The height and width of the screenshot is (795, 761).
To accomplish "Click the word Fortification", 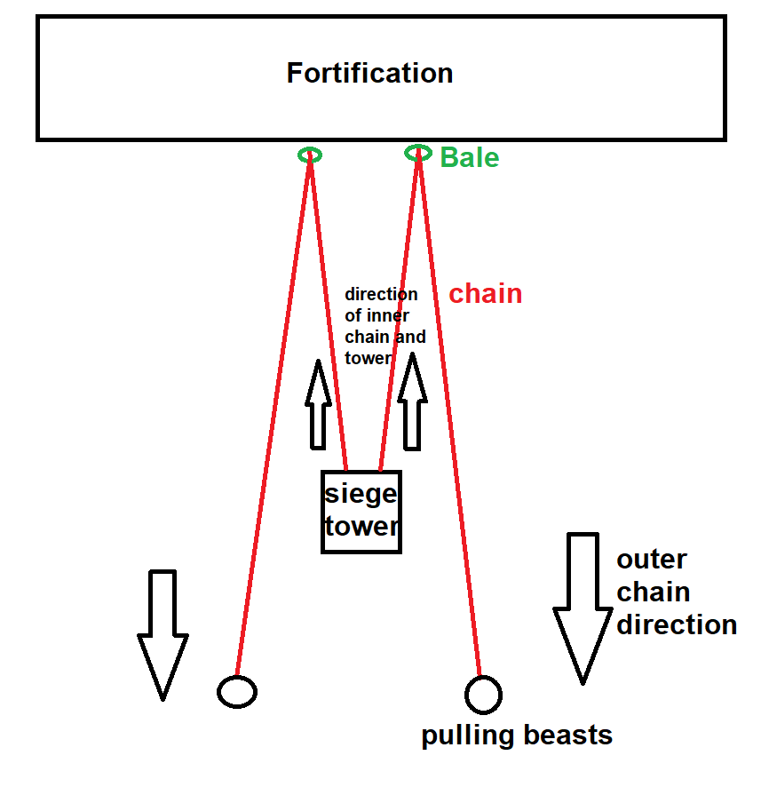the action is click(x=369, y=73).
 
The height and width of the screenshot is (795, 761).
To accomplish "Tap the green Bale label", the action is click(x=470, y=157).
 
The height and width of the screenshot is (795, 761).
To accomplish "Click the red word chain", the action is click(x=485, y=293).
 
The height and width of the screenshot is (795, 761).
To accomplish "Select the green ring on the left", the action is click(x=310, y=155).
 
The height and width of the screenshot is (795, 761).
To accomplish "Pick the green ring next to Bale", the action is click(x=418, y=153).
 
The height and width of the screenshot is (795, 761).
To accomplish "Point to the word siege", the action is click(x=361, y=495).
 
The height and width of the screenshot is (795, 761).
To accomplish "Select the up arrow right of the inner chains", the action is click(x=412, y=401).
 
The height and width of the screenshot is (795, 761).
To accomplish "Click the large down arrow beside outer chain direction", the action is click(x=583, y=608).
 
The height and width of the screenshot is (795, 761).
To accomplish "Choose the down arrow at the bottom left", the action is click(x=163, y=635).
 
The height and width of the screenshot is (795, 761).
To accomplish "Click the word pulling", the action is click(x=468, y=735).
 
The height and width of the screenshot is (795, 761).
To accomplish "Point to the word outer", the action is click(x=652, y=560).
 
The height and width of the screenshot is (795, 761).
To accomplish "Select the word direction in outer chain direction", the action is click(x=677, y=624).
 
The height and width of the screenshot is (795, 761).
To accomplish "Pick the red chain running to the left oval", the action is click(x=273, y=415).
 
